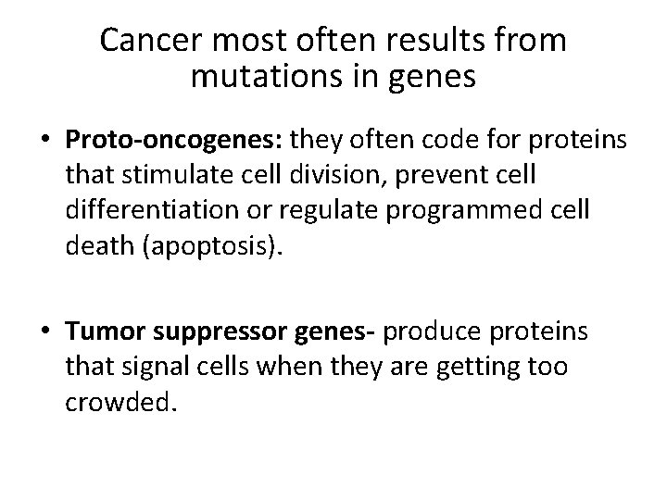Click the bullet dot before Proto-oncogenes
(45, 141)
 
